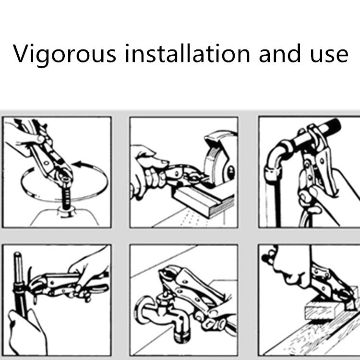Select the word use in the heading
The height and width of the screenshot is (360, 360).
(329, 55)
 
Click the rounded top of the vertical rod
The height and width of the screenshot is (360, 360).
(17, 255)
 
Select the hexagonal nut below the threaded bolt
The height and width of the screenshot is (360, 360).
(66, 212)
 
